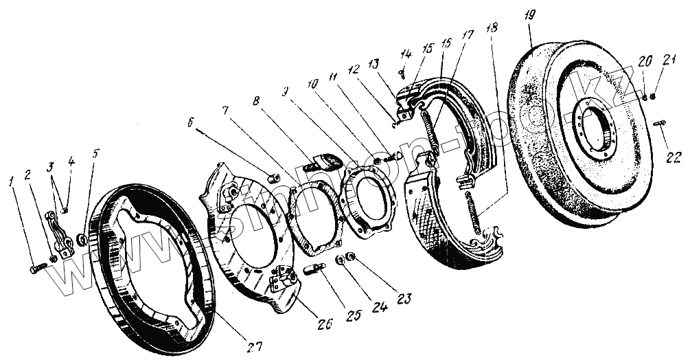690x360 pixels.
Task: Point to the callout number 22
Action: coord(675,155)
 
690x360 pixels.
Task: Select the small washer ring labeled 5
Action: coord(82,239)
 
